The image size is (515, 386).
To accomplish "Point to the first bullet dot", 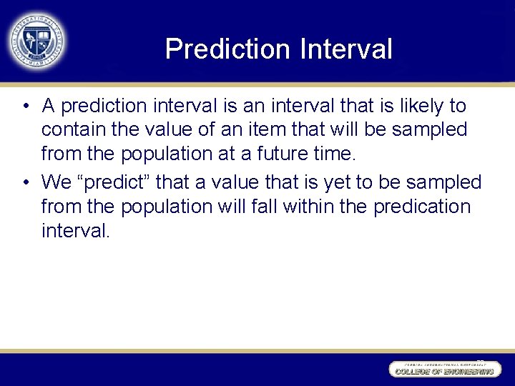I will pyautogui.click(x=25, y=107).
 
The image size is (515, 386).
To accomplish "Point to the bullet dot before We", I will pyautogui.click(x=25, y=184).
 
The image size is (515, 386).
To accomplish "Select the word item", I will pyautogui.click(x=303, y=130).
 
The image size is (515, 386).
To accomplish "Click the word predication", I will pyautogui.click(x=422, y=207).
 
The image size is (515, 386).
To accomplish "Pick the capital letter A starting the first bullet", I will pyautogui.click(x=49, y=107).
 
